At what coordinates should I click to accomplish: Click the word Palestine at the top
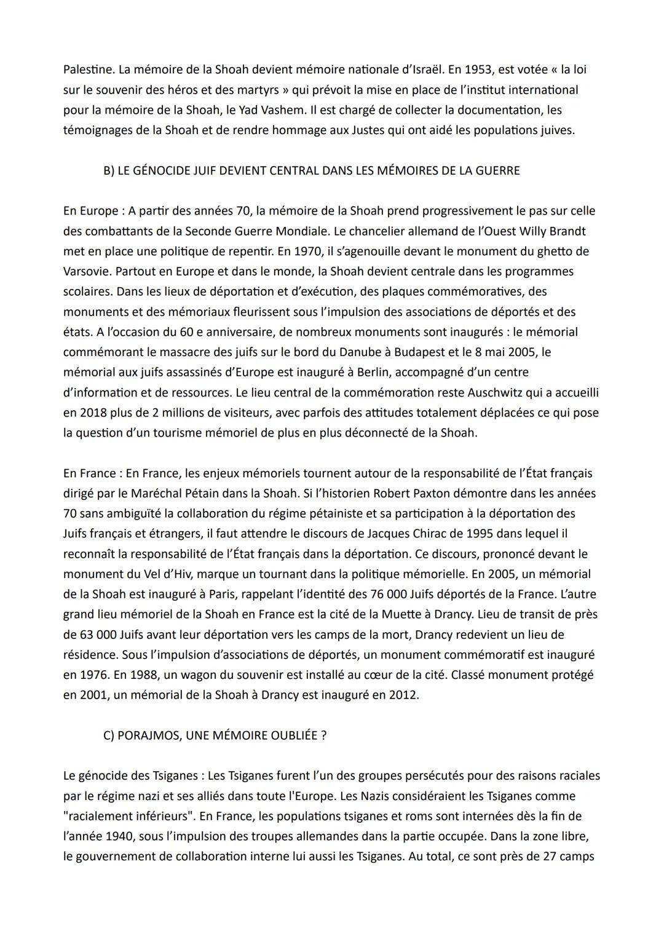pyautogui.click(x=87, y=70)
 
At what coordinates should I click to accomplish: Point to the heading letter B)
pyautogui.click(x=108, y=170)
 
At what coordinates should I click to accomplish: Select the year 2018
pyautogui.click(x=92, y=413)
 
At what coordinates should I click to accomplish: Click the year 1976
pyautogui.click(x=92, y=675)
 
